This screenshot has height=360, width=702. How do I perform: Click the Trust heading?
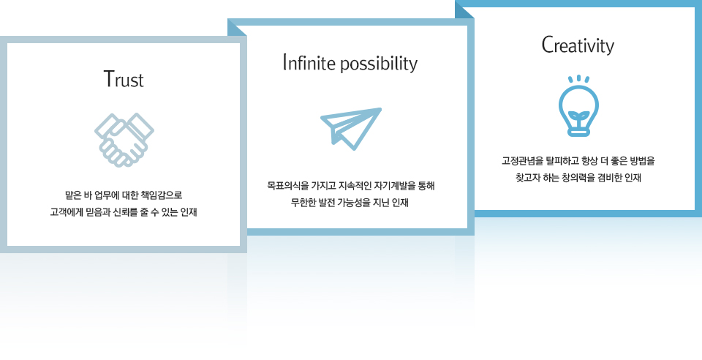124,79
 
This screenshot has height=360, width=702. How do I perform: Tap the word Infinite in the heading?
309,63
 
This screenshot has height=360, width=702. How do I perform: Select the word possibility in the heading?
379,64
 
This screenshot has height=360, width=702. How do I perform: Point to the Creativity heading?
578,45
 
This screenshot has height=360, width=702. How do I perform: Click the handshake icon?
124,140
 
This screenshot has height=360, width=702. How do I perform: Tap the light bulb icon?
578,105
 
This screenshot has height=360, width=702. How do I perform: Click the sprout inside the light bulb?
578,117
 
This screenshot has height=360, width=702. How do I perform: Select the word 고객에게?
65,211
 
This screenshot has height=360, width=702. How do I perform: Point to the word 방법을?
643,161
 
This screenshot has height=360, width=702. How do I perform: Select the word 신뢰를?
127,211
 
